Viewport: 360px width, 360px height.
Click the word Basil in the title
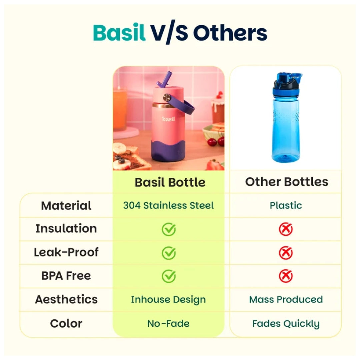coord(119,32)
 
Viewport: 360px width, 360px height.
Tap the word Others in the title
coord(230,33)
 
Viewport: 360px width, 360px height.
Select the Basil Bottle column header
coord(170,182)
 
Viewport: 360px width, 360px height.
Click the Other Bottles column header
coord(287,182)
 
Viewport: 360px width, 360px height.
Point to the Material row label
coord(66,205)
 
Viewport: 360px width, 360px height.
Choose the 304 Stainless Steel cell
coord(168,205)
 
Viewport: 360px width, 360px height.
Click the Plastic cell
coord(286,205)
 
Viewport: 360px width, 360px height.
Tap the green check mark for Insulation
coord(169,229)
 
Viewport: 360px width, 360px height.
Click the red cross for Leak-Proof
coord(286,253)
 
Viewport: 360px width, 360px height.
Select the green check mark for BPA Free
coord(169,276)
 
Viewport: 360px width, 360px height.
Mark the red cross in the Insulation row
coord(286,229)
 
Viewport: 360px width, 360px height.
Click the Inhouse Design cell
coord(168,300)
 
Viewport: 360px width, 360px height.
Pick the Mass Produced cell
coord(286,299)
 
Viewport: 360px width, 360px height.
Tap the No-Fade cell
coord(168,323)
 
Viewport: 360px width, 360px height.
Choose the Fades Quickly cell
coord(286,324)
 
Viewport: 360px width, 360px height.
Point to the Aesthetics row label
coord(66,299)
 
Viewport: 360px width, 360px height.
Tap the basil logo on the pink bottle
coord(168,119)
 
